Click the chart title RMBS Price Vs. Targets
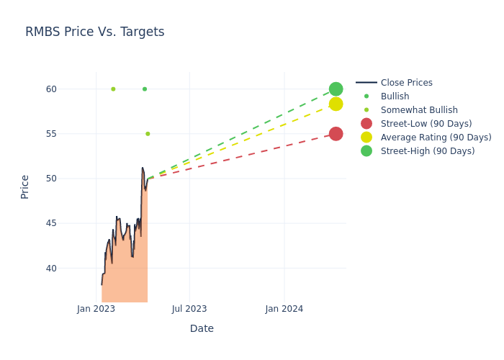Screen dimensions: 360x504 click(95, 32)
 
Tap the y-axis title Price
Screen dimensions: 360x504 click(24, 186)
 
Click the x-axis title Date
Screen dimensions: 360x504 click(202, 328)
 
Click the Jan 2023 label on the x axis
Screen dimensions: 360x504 click(96, 309)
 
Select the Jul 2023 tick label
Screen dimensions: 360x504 click(189, 309)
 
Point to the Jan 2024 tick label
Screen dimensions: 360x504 click(284, 309)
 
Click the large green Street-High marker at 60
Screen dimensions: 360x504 click(336, 89)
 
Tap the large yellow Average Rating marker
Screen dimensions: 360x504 click(336, 104)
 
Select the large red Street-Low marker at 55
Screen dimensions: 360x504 click(336, 134)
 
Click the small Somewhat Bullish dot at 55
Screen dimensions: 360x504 click(148, 134)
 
